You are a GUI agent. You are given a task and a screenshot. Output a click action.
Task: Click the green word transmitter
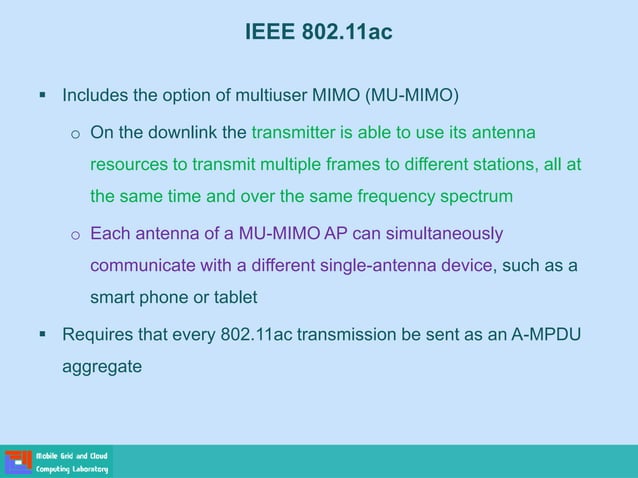click(299, 132)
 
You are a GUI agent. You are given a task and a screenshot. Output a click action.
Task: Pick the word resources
click(128, 164)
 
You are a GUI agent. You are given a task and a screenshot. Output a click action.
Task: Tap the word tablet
click(232, 297)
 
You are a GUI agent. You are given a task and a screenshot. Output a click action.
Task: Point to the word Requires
click(97, 334)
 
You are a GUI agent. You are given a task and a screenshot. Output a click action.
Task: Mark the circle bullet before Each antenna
click(74, 235)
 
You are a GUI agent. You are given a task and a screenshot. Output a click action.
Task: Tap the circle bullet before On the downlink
click(74, 134)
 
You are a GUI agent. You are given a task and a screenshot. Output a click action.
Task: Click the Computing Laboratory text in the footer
click(73, 469)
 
